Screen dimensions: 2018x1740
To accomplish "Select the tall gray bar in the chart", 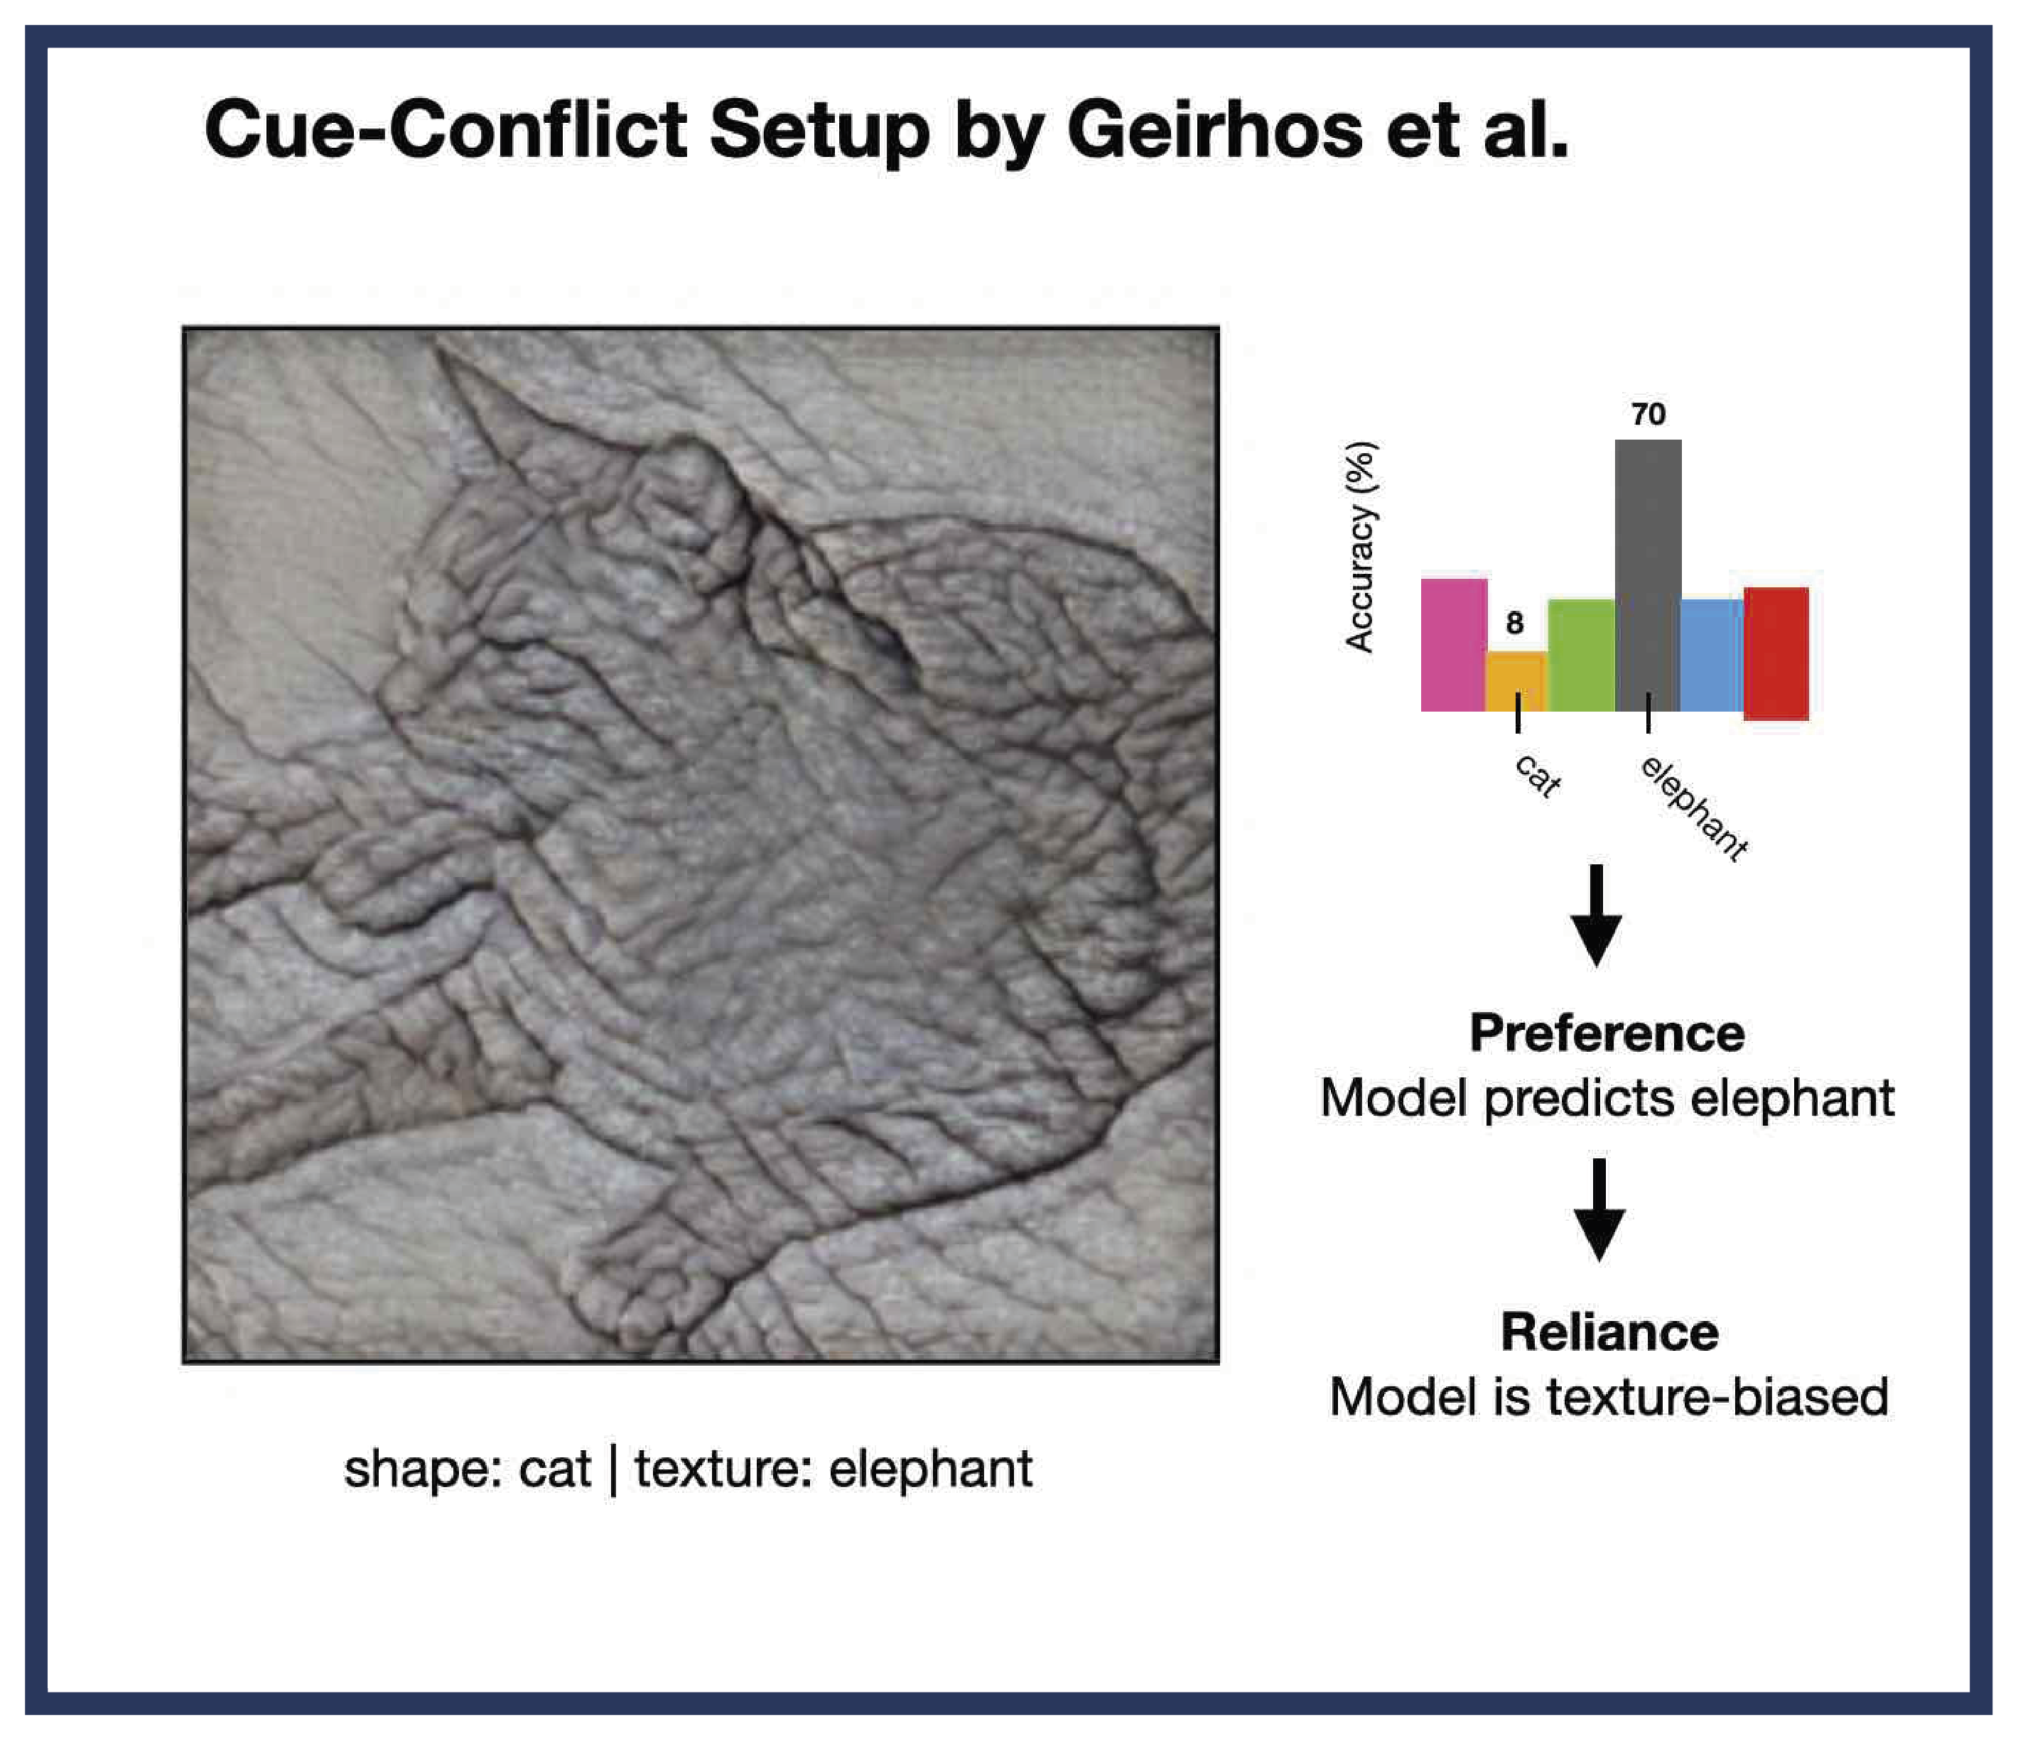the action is pos(1648,575).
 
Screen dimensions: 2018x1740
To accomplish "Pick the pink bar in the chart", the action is pos(1453,645).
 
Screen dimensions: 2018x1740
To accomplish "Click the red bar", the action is pos(1776,653).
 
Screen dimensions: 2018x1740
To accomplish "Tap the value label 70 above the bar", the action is pos(1648,415).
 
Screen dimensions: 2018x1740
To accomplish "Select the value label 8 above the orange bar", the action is pos(1514,623).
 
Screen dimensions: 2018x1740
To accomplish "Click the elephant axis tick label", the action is pos(1695,808).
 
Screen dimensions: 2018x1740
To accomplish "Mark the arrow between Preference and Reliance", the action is pos(1599,1209).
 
